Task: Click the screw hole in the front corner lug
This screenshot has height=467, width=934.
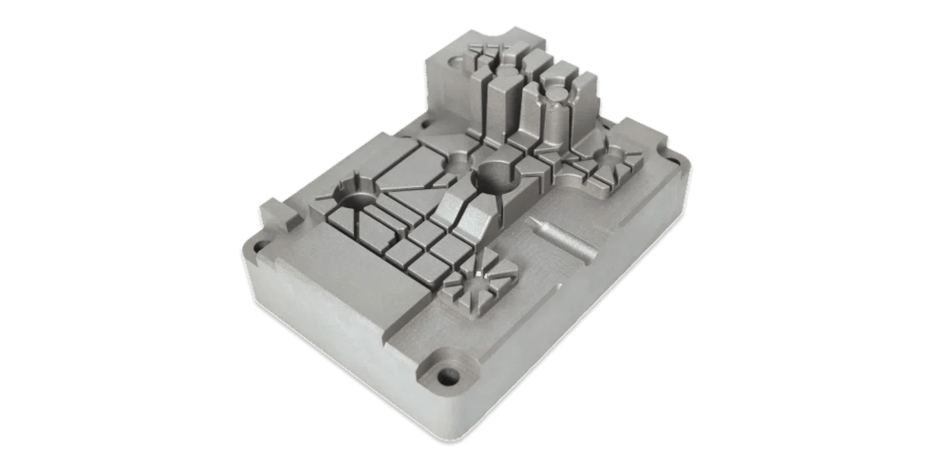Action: [x=448, y=374]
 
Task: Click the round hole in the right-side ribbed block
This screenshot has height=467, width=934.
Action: [x=612, y=156]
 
